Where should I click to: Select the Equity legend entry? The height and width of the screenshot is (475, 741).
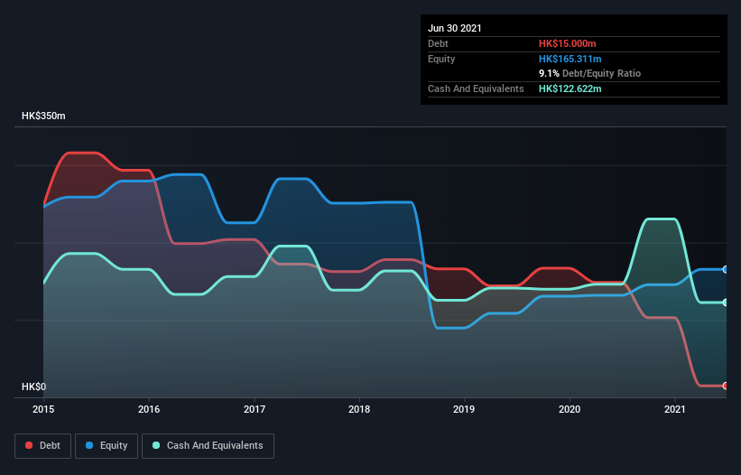point(107,445)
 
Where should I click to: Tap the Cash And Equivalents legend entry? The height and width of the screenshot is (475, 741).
point(208,445)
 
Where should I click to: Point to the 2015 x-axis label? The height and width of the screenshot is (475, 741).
point(43,410)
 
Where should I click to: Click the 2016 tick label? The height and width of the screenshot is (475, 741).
point(149,410)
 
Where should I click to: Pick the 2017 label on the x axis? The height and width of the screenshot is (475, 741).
point(255,410)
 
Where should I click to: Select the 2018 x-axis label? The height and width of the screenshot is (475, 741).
point(359,410)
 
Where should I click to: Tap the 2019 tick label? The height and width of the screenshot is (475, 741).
point(465,410)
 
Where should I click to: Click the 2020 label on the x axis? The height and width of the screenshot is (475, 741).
point(570,410)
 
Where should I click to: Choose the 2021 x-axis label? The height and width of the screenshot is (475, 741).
point(675,410)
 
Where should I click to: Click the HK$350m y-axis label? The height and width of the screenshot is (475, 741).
point(43,116)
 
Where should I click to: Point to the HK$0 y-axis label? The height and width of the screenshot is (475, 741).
point(33,387)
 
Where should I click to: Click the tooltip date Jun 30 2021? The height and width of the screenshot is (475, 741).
point(455,28)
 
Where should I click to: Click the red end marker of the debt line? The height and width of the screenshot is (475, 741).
point(725,386)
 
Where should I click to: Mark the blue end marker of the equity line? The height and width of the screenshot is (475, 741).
point(725,269)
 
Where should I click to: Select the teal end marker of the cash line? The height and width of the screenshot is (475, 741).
point(725,303)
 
